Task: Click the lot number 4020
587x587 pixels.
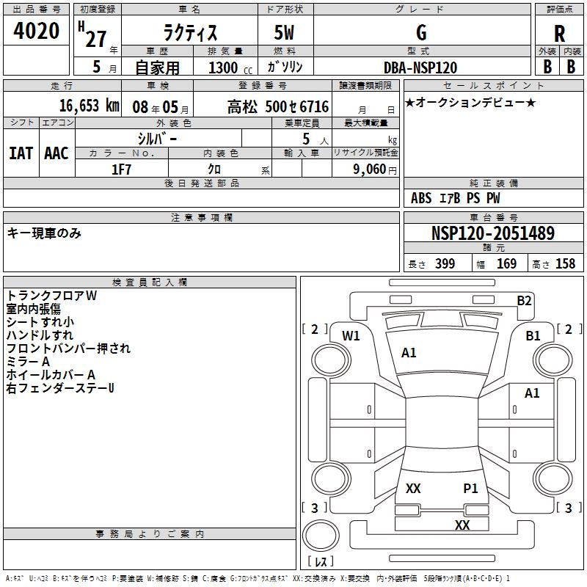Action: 37,31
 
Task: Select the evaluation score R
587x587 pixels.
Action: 559,34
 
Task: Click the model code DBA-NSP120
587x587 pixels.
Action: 420,68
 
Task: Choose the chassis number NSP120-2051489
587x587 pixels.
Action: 492,233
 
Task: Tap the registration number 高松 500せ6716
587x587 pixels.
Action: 278,106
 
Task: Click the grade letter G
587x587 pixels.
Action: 421,33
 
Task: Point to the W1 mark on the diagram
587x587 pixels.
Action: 351,336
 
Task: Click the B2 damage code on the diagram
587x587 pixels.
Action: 524,300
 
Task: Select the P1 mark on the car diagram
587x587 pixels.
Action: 470,489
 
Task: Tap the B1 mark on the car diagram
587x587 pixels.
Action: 533,336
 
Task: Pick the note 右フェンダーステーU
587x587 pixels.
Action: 60,387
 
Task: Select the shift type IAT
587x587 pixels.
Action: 21,153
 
